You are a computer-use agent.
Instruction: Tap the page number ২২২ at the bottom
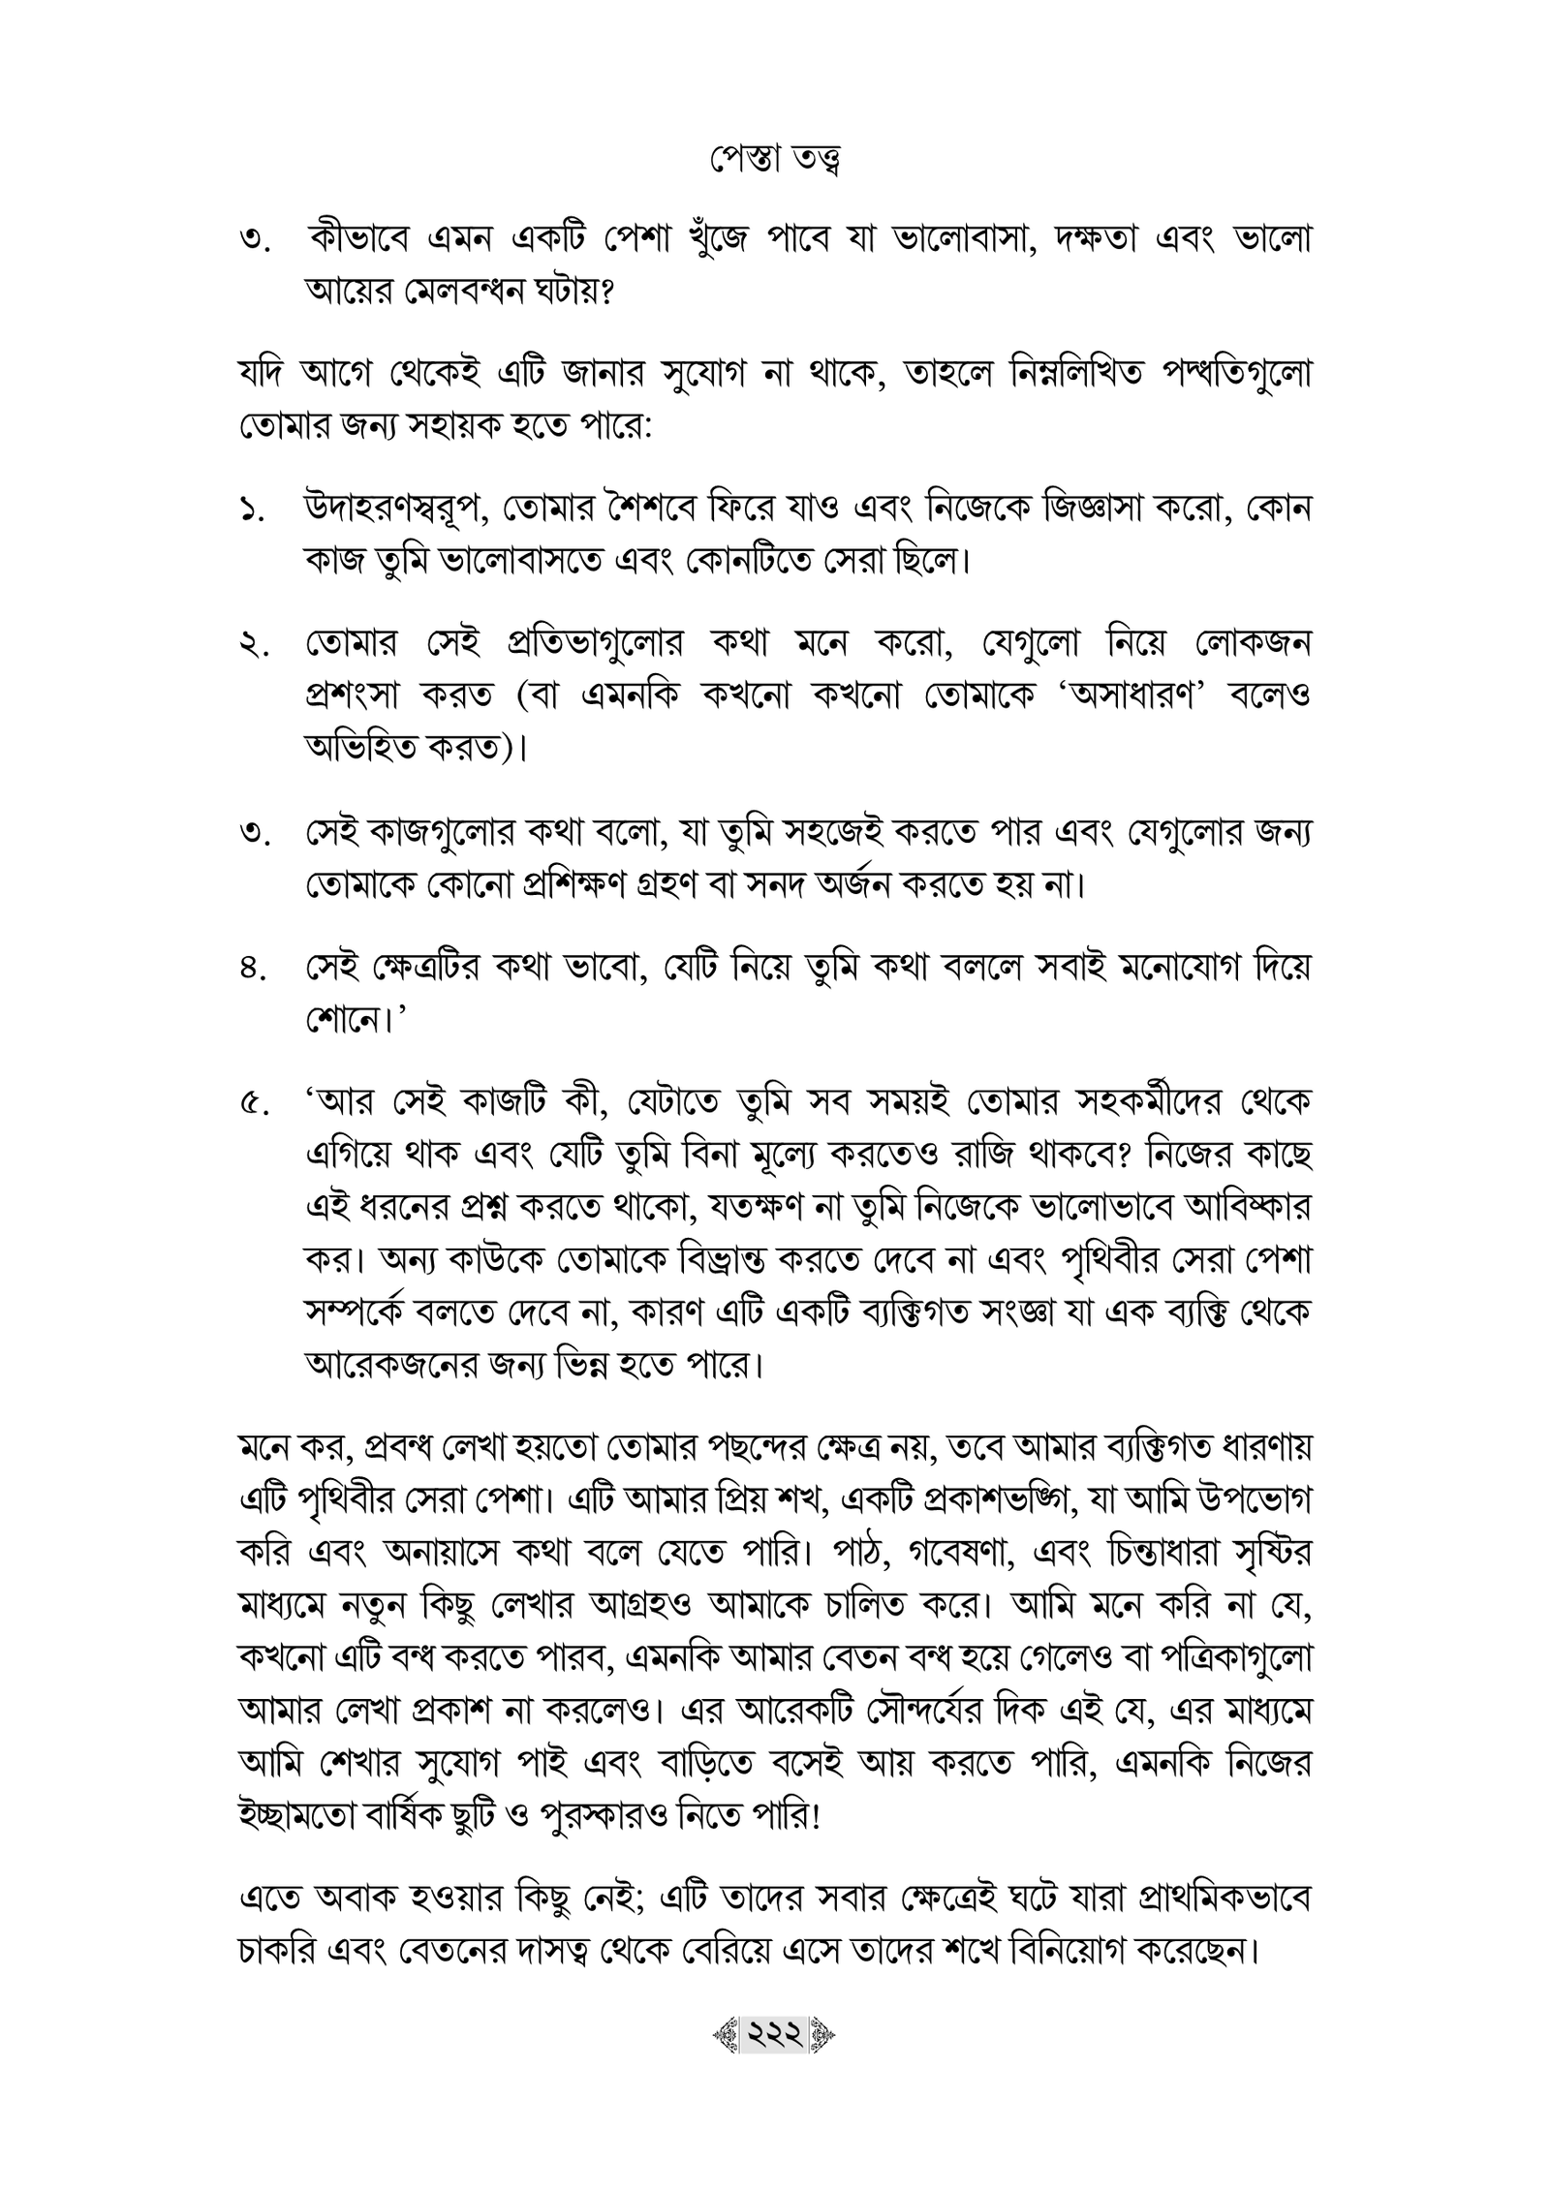(x=774, y=2060)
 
